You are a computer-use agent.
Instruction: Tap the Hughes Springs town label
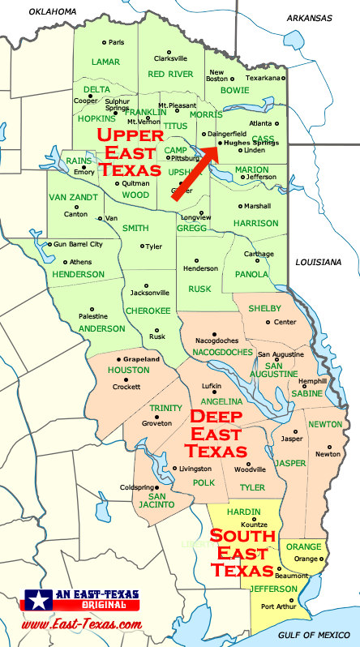click(x=251, y=143)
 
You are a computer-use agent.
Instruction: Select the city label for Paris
click(x=117, y=42)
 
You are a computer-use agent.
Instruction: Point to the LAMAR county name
click(x=105, y=62)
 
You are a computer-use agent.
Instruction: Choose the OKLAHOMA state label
click(x=51, y=11)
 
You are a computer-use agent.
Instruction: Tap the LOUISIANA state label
click(x=319, y=262)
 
